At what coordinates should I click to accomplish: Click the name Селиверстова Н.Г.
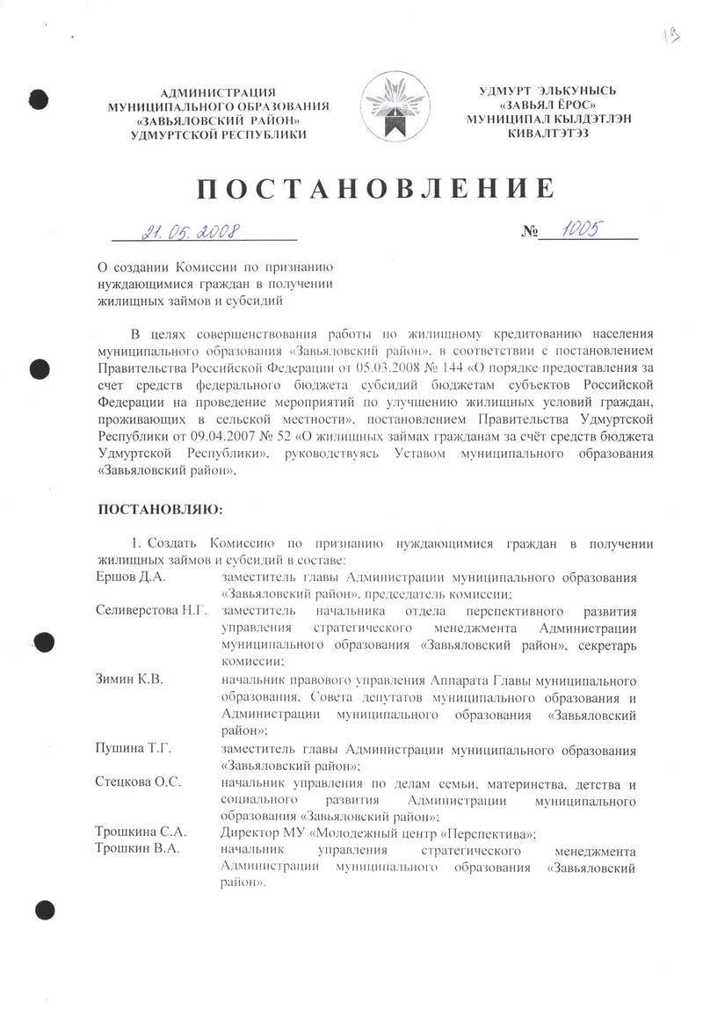pyautogui.click(x=151, y=609)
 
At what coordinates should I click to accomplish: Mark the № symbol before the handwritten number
pyautogui.click(x=529, y=233)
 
